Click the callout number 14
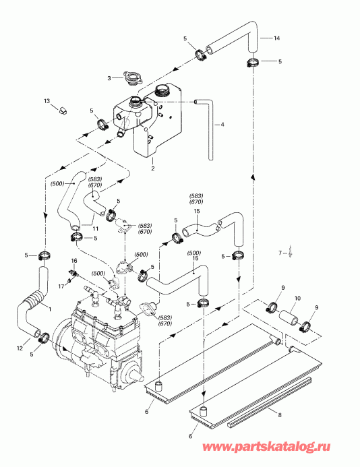(x=276, y=39)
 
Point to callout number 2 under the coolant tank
(x=153, y=168)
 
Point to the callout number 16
(x=75, y=260)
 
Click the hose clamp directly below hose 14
(x=252, y=63)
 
